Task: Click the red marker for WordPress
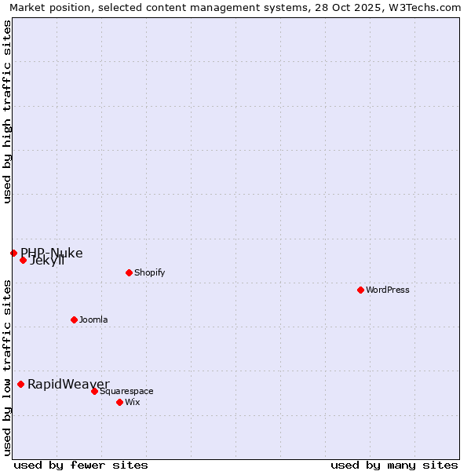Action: pos(360,290)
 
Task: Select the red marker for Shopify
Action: pos(129,272)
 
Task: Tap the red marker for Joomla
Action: pos(74,319)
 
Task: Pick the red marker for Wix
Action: pos(119,402)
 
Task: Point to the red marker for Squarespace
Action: pos(94,391)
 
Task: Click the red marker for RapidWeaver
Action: pos(21,384)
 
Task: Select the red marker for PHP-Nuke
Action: pos(13,253)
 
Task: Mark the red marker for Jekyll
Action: pos(23,260)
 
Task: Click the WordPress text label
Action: pos(388,290)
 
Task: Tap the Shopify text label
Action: pos(149,272)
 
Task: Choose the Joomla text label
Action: pos(93,319)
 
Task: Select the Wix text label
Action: pos(132,402)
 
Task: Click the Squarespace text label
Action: pos(126,391)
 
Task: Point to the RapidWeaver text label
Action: pos(68,384)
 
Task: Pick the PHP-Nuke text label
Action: pos(52,253)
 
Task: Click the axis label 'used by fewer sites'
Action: pos(81,465)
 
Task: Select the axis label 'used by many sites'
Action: pos(394,465)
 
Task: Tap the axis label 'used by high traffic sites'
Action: pos(7,111)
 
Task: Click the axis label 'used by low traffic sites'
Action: pos(7,367)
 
